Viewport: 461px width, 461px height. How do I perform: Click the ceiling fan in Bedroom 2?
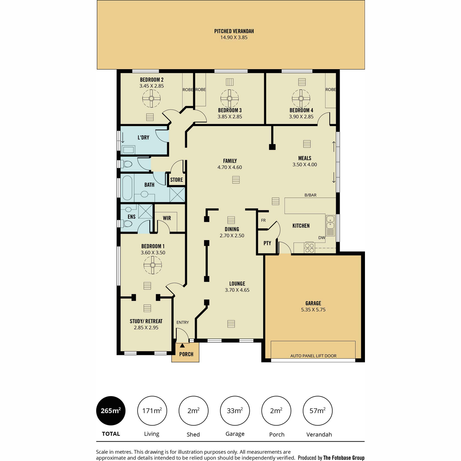click(151, 98)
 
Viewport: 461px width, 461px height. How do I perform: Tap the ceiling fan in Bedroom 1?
click(153, 265)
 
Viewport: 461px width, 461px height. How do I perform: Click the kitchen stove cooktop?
click(309, 248)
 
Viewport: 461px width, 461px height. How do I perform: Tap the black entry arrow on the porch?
click(182, 345)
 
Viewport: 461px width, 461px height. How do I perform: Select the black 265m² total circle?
click(111, 411)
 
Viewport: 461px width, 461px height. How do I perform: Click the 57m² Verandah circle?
click(317, 411)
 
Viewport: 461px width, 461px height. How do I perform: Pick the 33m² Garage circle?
click(235, 411)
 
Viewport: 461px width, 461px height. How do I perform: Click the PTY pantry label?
click(267, 243)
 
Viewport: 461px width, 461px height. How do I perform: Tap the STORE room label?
click(177, 180)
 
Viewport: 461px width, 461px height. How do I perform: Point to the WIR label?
click(167, 218)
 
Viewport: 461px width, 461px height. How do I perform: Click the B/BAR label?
click(310, 195)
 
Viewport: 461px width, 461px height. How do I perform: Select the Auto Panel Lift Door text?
click(313, 356)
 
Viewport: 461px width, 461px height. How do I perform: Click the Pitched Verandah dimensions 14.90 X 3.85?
click(234, 37)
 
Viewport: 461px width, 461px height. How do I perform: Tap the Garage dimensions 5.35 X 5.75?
click(313, 309)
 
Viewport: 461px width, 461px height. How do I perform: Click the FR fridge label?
click(263, 221)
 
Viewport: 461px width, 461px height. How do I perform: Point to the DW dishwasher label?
click(322, 237)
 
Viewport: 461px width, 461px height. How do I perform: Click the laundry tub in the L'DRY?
click(128, 150)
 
